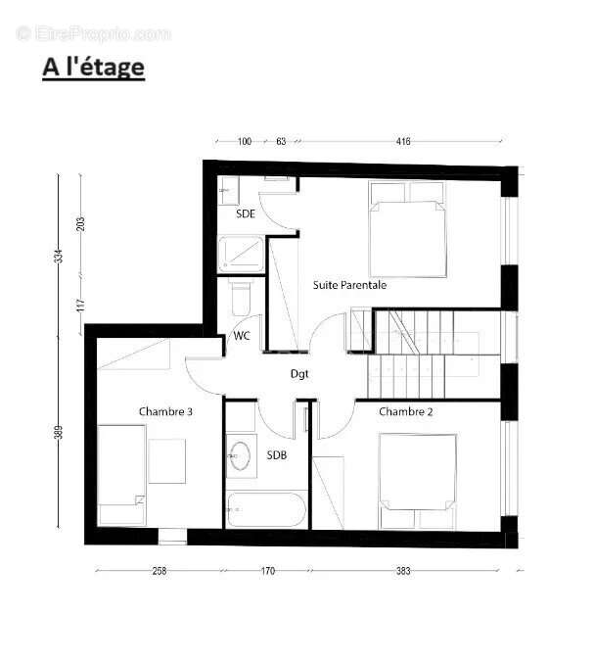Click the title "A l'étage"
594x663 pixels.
(x=93, y=68)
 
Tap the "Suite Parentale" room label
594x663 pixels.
(x=349, y=285)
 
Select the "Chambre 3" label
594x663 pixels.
(x=165, y=411)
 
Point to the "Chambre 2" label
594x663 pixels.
(x=405, y=411)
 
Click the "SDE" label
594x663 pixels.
(x=246, y=213)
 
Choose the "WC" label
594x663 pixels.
(x=241, y=335)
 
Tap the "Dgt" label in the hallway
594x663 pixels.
(x=299, y=373)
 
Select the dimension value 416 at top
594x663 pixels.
(x=403, y=142)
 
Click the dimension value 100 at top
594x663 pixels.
(x=245, y=142)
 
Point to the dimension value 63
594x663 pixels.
(x=281, y=142)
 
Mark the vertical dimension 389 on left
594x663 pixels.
(x=59, y=432)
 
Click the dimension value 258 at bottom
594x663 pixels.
(x=160, y=571)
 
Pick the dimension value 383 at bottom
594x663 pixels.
(x=403, y=571)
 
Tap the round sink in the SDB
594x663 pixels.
(x=240, y=455)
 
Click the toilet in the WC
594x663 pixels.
(x=240, y=294)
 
